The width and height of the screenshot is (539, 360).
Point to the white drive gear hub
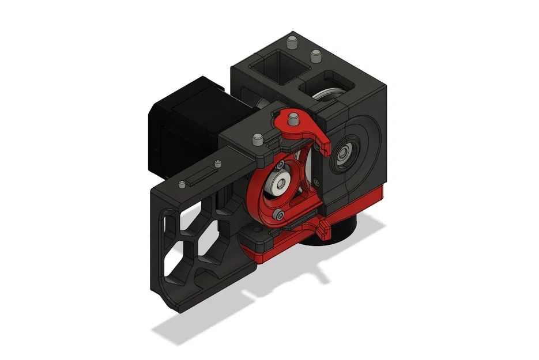coord(280,185)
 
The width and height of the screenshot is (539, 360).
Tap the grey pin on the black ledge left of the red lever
coord(256,138)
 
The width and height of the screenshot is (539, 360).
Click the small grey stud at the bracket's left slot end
coord(182,184)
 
